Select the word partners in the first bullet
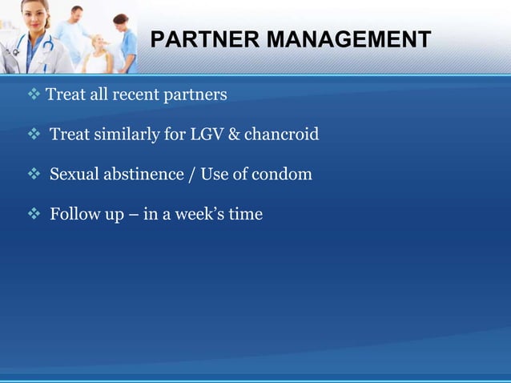[x=195, y=95]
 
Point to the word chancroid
[x=281, y=134]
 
